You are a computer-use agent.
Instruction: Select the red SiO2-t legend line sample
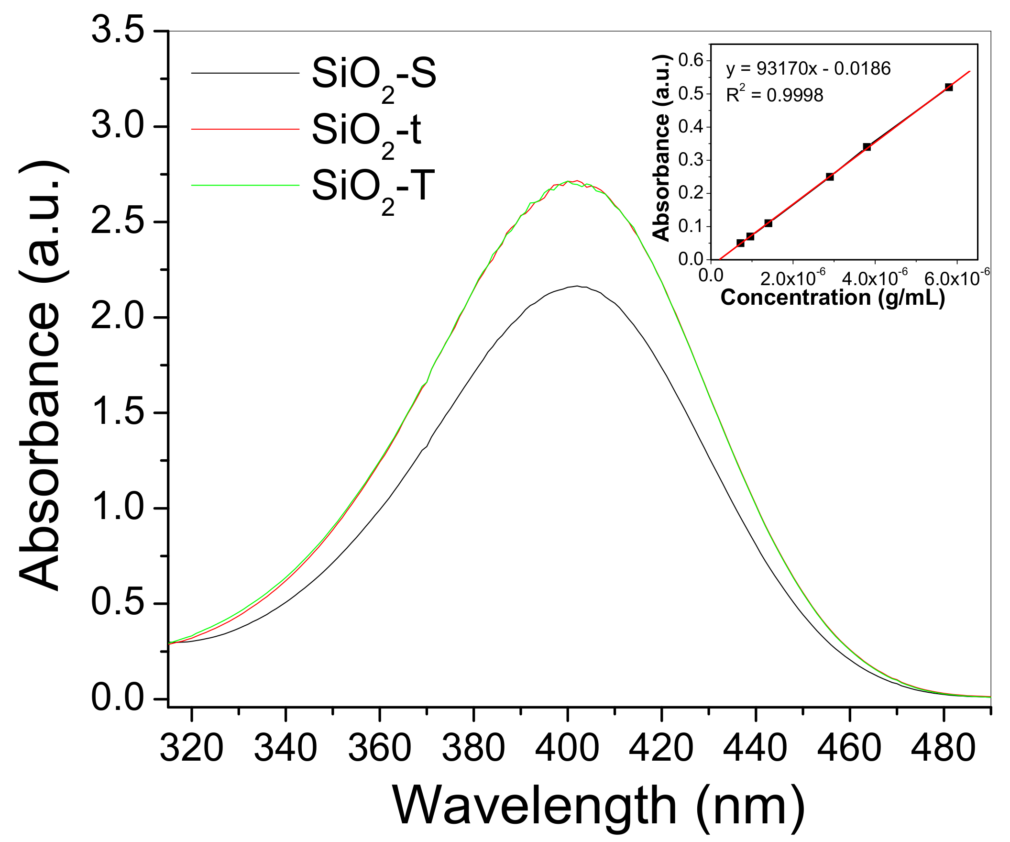245,129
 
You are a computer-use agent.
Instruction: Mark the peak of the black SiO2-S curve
577,286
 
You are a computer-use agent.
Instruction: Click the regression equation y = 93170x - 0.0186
808,69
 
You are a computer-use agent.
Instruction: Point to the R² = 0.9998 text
774,95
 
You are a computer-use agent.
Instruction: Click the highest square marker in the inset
948,87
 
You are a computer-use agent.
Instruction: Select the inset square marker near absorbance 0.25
830,177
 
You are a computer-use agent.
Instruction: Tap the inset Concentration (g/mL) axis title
833,298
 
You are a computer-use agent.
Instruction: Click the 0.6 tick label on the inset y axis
691,60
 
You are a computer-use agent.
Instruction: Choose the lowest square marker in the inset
740,243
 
